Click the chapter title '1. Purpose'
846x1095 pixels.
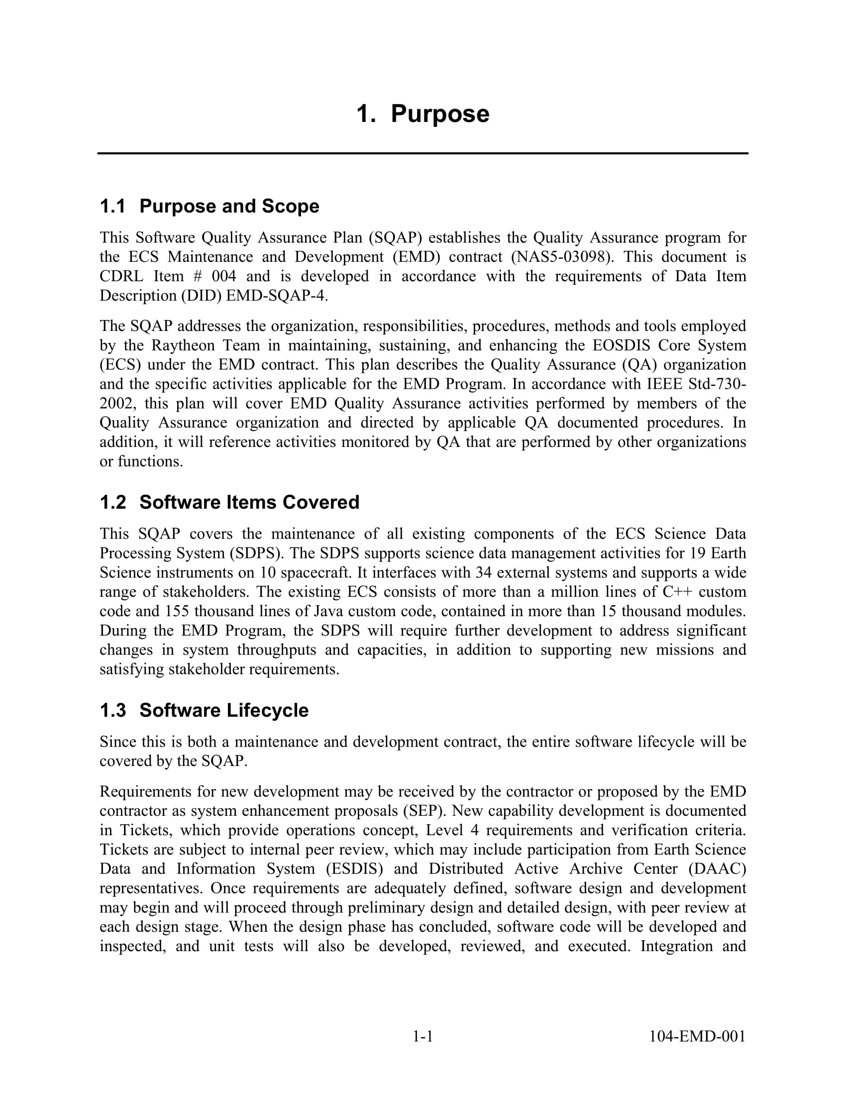423,114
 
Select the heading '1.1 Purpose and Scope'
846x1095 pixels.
209,207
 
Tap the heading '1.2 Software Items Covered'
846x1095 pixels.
229,502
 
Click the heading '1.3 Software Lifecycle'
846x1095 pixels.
204,710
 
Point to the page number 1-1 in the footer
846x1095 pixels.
423,1036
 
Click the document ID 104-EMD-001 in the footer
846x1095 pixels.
697,1036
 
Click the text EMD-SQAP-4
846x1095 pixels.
277,296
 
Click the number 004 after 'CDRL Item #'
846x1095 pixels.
223,276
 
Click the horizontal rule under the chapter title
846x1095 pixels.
423,153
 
